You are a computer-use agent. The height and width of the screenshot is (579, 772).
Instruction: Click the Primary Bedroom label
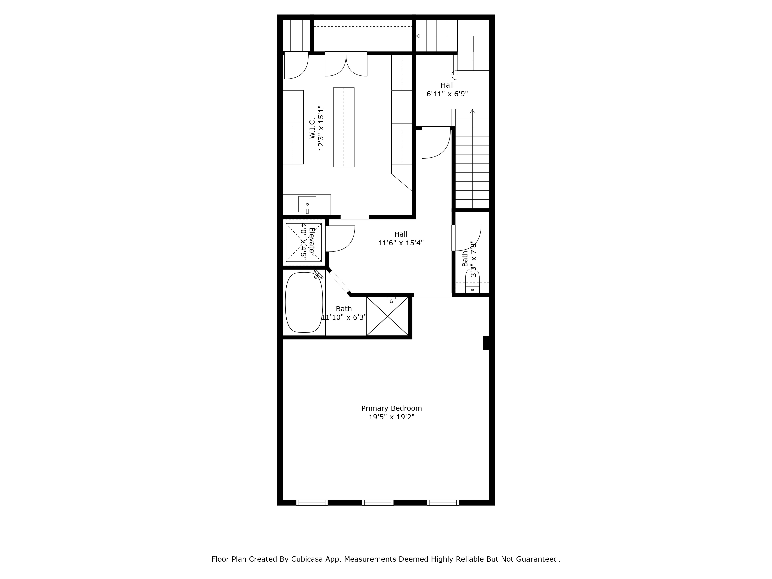(x=391, y=408)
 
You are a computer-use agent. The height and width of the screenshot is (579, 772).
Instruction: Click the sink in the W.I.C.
(x=307, y=204)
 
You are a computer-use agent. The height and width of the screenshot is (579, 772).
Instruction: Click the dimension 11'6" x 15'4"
(x=401, y=243)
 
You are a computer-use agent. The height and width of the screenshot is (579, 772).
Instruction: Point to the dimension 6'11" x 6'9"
(x=447, y=94)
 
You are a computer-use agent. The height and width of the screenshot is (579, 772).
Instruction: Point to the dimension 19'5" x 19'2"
(x=391, y=417)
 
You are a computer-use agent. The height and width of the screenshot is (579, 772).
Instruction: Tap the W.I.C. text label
(x=312, y=128)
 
